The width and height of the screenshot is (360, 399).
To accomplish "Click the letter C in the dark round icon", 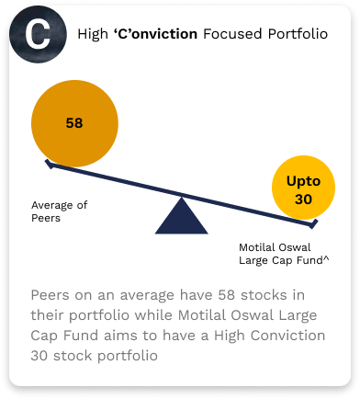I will (x=38, y=36).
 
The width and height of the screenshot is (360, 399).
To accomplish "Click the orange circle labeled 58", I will (x=74, y=120).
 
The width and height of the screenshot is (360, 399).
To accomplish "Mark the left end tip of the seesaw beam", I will (x=48, y=165).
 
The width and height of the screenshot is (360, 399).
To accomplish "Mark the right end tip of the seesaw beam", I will (x=315, y=223).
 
